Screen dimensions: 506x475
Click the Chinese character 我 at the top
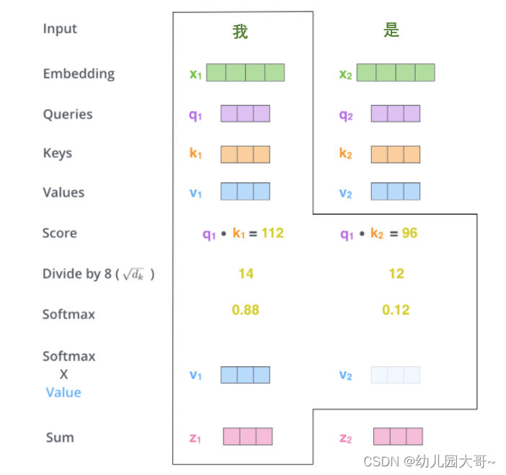(240, 31)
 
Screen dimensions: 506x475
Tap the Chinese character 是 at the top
(391, 30)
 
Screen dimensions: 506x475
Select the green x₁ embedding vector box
(245, 73)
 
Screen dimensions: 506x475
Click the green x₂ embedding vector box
(396, 73)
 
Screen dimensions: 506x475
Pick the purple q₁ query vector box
(245, 114)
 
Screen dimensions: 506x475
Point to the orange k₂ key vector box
(396, 154)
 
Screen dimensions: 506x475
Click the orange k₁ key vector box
(245, 154)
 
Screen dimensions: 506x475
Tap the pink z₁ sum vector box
(248, 437)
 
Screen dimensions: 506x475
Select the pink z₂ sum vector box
(398, 437)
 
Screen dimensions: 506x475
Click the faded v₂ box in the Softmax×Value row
(396, 375)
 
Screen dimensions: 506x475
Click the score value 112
(272, 233)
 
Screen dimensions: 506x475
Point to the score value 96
(409, 233)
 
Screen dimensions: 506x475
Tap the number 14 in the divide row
(246, 274)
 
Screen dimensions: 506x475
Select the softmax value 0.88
(246, 310)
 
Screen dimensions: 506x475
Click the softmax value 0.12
(396, 310)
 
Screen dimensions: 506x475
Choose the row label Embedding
(79, 74)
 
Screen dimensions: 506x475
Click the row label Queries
(68, 114)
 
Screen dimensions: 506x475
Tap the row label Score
(59, 234)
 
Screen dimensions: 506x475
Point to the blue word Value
(63, 393)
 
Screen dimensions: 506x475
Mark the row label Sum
(60, 438)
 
